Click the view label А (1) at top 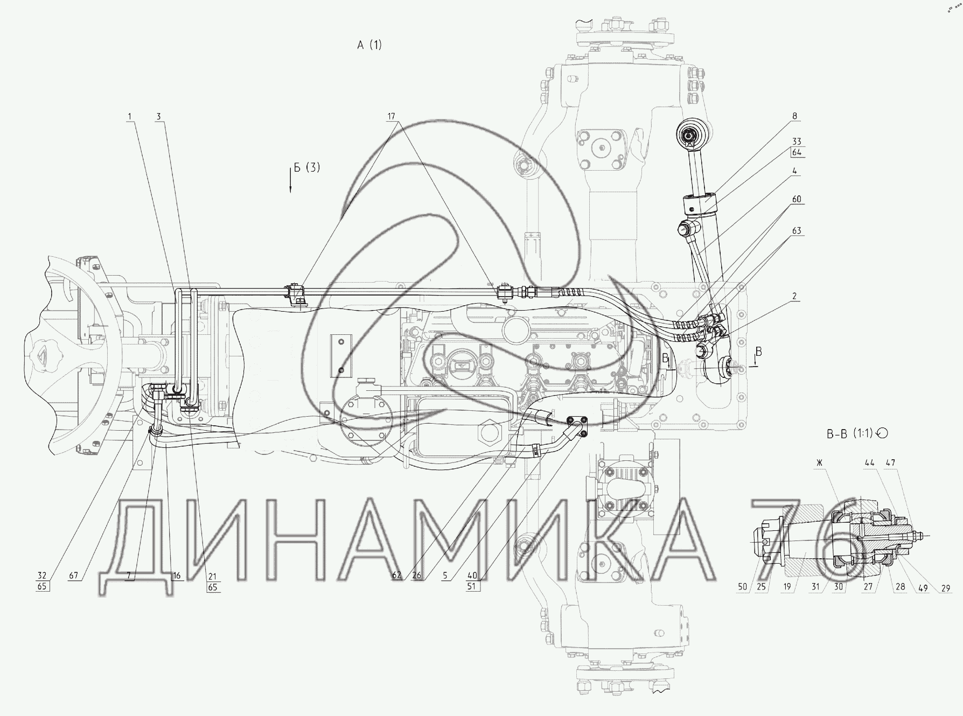coord(369,45)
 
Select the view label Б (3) coord(306,167)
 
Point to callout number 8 coord(795,116)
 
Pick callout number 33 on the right coord(797,142)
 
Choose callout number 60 coord(797,199)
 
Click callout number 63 coord(797,230)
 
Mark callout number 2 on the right coord(795,296)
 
